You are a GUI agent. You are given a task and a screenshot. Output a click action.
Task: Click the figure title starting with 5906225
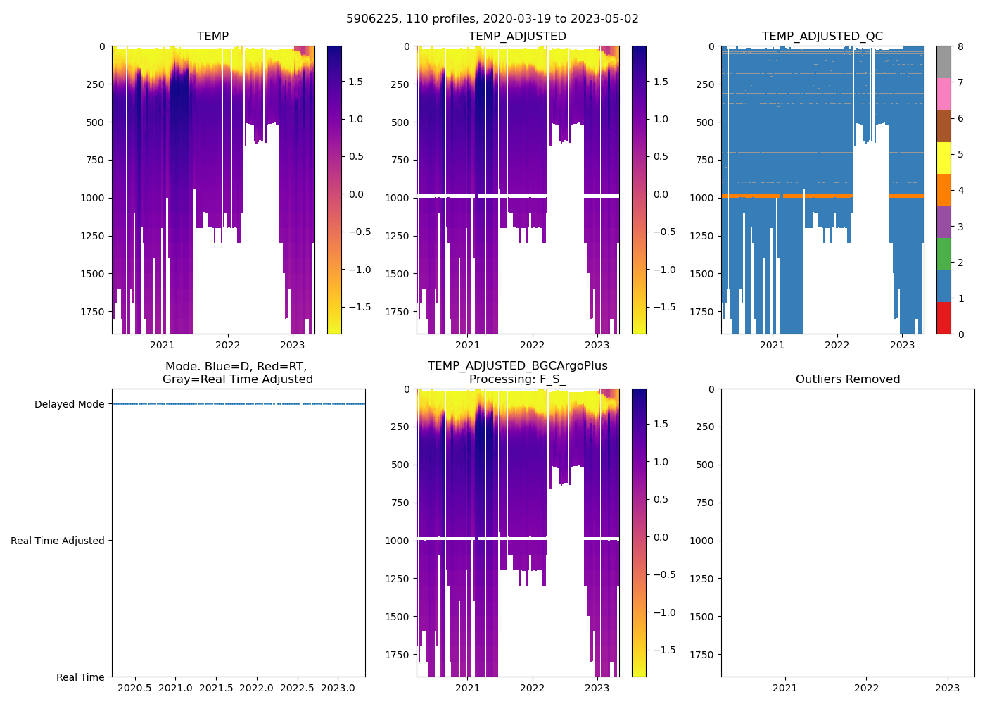[493, 19]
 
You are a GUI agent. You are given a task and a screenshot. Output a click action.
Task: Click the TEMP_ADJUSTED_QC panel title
[822, 37]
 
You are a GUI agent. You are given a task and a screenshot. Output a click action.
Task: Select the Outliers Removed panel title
[847, 379]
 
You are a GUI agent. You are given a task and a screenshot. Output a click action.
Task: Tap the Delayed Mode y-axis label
[69, 405]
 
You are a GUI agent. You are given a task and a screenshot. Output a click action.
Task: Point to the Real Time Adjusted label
[57, 541]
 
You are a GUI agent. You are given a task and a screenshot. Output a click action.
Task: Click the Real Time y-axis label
[80, 677]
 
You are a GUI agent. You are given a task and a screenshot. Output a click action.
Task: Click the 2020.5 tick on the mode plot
[134, 688]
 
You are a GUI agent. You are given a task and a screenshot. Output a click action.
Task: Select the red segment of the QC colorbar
[943, 318]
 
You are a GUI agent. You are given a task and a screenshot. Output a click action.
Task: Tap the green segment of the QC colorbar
[943, 254]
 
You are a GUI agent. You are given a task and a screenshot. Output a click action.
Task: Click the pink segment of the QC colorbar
[943, 94]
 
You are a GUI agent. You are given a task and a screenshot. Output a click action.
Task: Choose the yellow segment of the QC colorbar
[943, 158]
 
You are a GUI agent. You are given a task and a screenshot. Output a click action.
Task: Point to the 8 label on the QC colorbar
[960, 47]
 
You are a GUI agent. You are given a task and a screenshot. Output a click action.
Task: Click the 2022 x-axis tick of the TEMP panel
[227, 345]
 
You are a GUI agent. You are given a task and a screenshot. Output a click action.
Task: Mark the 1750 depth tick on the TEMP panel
[92, 312]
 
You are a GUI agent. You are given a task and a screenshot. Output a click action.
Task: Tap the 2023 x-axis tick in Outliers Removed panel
[947, 688]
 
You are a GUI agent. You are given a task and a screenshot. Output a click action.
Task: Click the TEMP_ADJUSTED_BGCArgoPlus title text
[517, 366]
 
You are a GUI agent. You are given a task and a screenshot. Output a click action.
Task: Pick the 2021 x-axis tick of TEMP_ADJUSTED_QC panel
[772, 345]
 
